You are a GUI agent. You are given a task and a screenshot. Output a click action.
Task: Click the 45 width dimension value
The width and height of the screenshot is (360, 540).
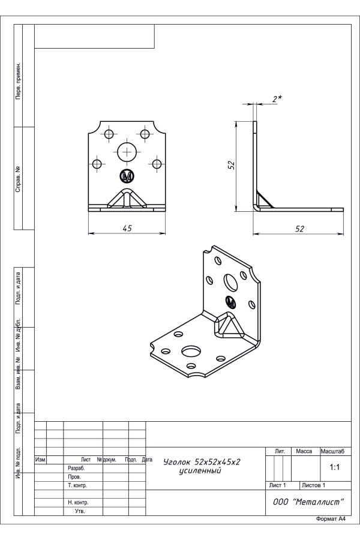(x=127, y=228)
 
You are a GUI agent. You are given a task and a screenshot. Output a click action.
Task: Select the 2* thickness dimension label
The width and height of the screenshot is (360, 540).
(x=277, y=99)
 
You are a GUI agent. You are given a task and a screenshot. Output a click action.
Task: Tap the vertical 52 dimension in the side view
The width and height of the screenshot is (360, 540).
(x=232, y=165)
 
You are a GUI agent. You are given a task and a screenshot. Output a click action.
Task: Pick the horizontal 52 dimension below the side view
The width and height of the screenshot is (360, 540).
(x=300, y=229)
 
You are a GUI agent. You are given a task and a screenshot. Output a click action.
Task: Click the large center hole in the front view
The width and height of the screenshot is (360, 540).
(x=127, y=152)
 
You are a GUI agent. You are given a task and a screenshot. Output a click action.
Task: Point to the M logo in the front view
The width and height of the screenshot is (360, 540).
(x=127, y=176)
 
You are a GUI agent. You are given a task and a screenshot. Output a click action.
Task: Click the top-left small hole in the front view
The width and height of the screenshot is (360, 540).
(x=109, y=134)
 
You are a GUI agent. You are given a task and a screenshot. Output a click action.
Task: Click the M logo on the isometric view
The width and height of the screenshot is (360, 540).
(x=231, y=302)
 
